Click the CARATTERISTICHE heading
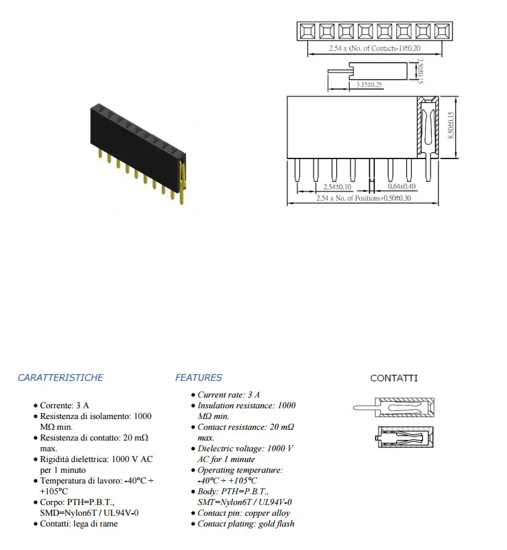pos(60,377)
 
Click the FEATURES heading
pos(199,377)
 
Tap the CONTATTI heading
pos(394,378)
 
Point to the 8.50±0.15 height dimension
pos(451,126)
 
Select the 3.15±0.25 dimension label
pos(369,85)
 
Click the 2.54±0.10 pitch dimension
pos(337,187)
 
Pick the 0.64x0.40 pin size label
pos(402,186)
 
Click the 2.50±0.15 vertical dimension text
pos(420,71)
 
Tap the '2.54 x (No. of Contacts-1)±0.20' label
pos(375,48)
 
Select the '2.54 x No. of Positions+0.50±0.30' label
pos(363,198)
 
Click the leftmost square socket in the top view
pos(308,31)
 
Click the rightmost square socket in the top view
pos(442,31)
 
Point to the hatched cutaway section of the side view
pos(428,128)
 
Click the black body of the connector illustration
pos(137,144)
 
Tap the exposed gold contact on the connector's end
pos(182,183)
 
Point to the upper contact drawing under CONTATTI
pos(394,407)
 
